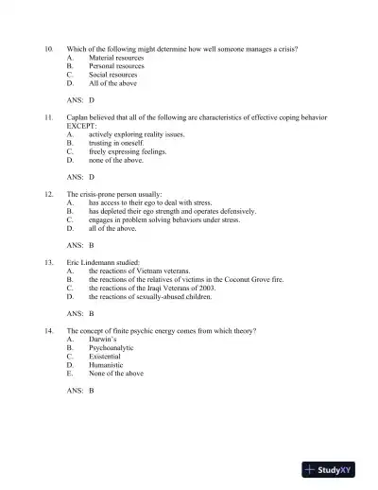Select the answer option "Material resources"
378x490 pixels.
(116, 58)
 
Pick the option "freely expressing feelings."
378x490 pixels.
(128, 150)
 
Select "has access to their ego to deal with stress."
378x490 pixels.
(154, 202)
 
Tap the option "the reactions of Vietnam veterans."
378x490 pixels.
(143, 270)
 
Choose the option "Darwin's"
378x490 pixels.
(104, 339)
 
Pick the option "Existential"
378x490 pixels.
(106, 356)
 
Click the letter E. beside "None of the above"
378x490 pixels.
(70, 373)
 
